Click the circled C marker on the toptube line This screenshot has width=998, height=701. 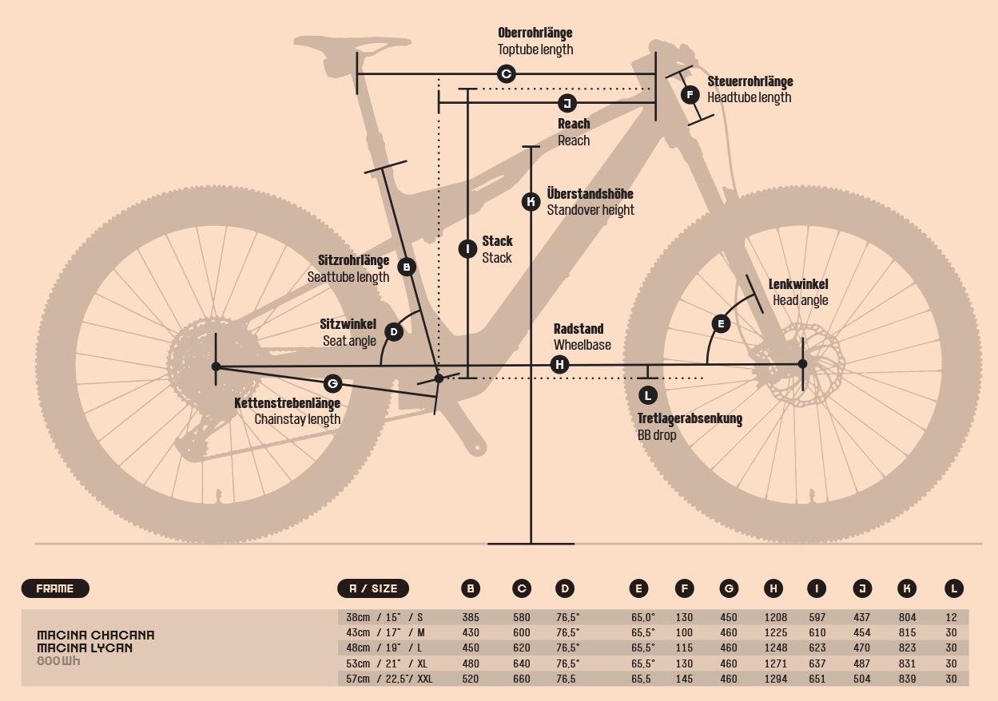[x=506, y=74]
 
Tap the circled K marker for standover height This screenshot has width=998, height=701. [x=531, y=202]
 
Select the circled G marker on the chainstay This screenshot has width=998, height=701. [x=332, y=382]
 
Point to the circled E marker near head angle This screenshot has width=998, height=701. [x=721, y=323]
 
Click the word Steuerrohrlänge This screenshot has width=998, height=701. [x=749, y=81]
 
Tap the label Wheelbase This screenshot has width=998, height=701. [x=582, y=345]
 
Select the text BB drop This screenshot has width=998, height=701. [x=657, y=435]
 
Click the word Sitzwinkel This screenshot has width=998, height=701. [x=348, y=324]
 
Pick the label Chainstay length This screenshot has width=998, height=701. [x=297, y=419]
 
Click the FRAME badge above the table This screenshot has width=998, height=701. [x=55, y=588]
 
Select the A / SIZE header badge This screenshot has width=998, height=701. [x=373, y=588]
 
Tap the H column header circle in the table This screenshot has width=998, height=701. [x=773, y=589]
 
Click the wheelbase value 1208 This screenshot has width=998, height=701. [x=775, y=617]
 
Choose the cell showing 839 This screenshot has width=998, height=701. [x=907, y=679]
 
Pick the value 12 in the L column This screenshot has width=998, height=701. [x=952, y=617]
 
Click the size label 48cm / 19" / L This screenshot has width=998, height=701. [x=385, y=648]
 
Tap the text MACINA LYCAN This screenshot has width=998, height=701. [x=85, y=648]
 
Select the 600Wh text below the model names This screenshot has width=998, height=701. [x=58, y=661]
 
